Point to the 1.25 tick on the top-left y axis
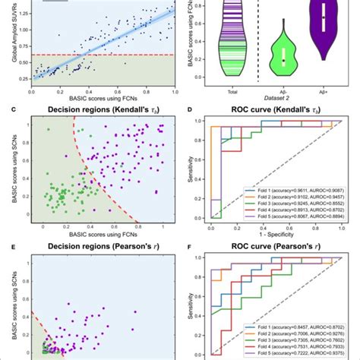coord(19,13)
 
